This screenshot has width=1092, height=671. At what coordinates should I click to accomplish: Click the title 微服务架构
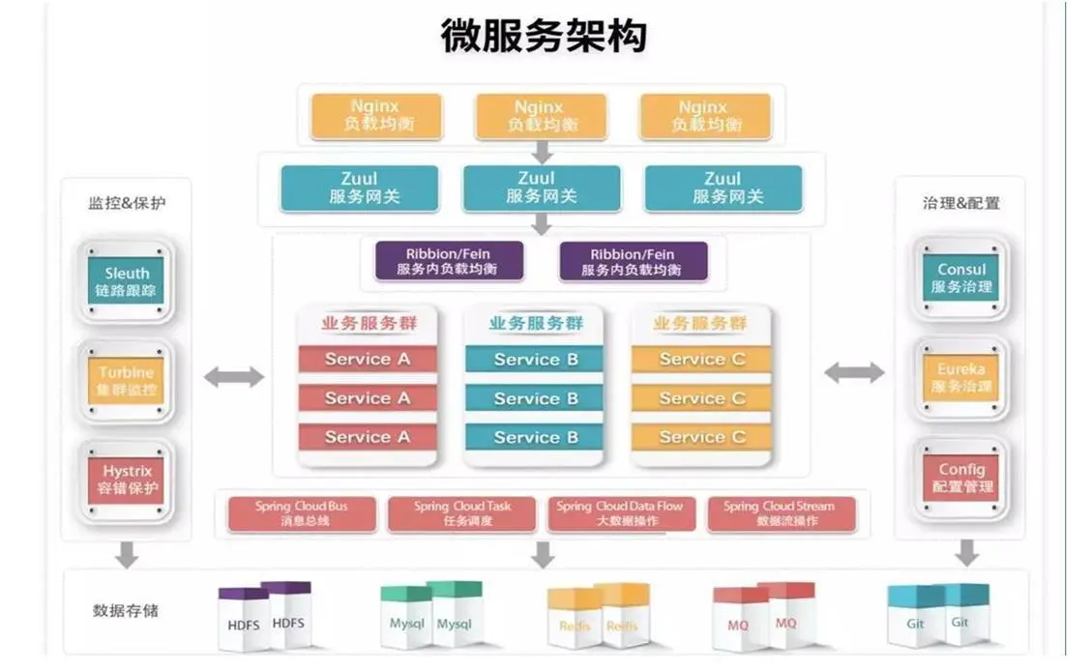pyautogui.click(x=544, y=36)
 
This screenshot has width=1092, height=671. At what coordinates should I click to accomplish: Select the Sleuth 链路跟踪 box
pyautogui.click(x=127, y=282)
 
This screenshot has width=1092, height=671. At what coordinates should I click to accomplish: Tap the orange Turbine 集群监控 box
pyautogui.click(x=127, y=382)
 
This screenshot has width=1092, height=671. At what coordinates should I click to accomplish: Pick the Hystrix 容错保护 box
pyautogui.click(x=127, y=480)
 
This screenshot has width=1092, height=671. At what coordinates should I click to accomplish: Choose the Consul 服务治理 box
pyautogui.click(x=961, y=278)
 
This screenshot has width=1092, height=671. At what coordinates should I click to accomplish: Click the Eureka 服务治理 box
pyautogui.click(x=961, y=378)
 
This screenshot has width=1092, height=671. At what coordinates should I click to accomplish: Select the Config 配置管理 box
pyautogui.click(x=961, y=478)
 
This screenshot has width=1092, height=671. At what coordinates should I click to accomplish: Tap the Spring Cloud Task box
pyautogui.click(x=463, y=513)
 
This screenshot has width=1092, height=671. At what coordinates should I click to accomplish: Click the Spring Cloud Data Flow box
pyautogui.click(x=620, y=513)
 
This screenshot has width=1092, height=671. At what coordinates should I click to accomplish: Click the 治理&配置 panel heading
pyautogui.click(x=961, y=203)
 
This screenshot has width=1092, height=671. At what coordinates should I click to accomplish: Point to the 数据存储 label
pyautogui.click(x=126, y=611)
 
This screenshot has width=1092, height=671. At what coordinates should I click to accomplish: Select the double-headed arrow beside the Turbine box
pyautogui.click(x=233, y=376)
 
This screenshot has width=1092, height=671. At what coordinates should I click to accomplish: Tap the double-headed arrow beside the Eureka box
pyautogui.click(x=854, y=372)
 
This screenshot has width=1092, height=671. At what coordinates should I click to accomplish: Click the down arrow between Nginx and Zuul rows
pyautogui.click(x=542, y=152)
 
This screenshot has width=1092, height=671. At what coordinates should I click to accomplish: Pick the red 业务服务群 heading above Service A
pyautogui.click(x=369, y=324)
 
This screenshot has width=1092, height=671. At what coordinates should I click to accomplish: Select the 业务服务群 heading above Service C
pyautogui.click(x=700, y=324)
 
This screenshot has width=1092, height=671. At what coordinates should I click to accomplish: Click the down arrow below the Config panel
pyautogui.click(x=966, y=554)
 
